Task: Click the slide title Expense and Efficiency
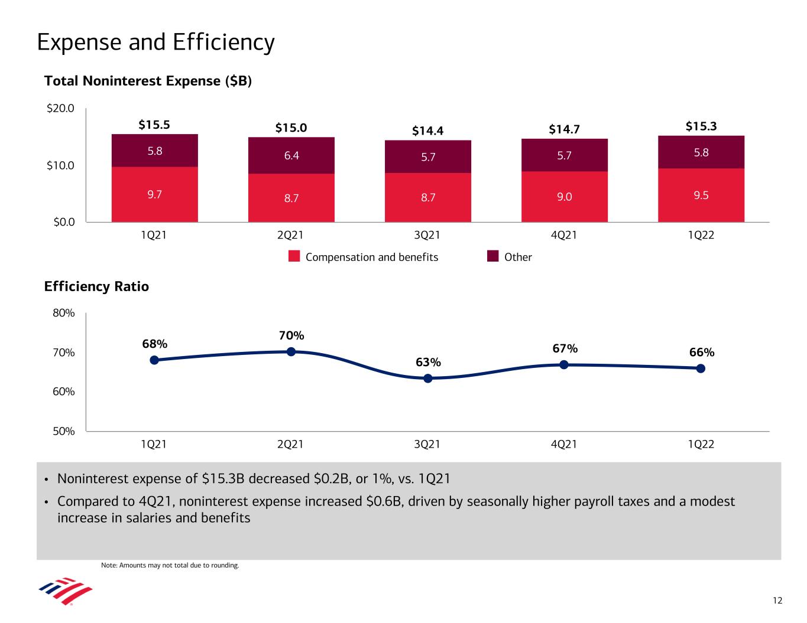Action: pyautogui.click(x=155, y=43)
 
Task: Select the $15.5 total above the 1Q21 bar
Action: pyautogui.click(x=154, y=125)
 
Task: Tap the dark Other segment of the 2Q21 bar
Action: pyautogui.click(x=291, y=155)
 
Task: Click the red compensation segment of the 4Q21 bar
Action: pyautogui.click(x=565, y=197)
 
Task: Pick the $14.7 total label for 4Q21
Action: pyautogui.click(x=564, y=129)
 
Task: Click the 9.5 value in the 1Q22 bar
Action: pyautogui.click(x=701, y=195)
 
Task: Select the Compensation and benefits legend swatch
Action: pyautogui.click(x=294, y=256)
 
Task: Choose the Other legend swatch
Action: pyautogui.click(x=493, y=256)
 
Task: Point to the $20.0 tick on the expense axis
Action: pyautogui.click(x=61, y=108)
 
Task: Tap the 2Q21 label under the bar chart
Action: pyautogui.click(x=290, y=235)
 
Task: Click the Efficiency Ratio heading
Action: pyautogui.click(x=96, y=286)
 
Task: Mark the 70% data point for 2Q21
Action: pyautogui.click(x=291, y=351)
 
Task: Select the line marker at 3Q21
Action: pyautogui.click(x=428, y=378)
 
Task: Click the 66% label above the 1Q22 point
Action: pyautogui.click(x=702, y=353)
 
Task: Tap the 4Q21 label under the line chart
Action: pyautogui.click(x=564, y=444)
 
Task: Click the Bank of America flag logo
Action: pyautogui.click(x=65, y=591)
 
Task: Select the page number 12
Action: pyautogui.click(x=777, y=601)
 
